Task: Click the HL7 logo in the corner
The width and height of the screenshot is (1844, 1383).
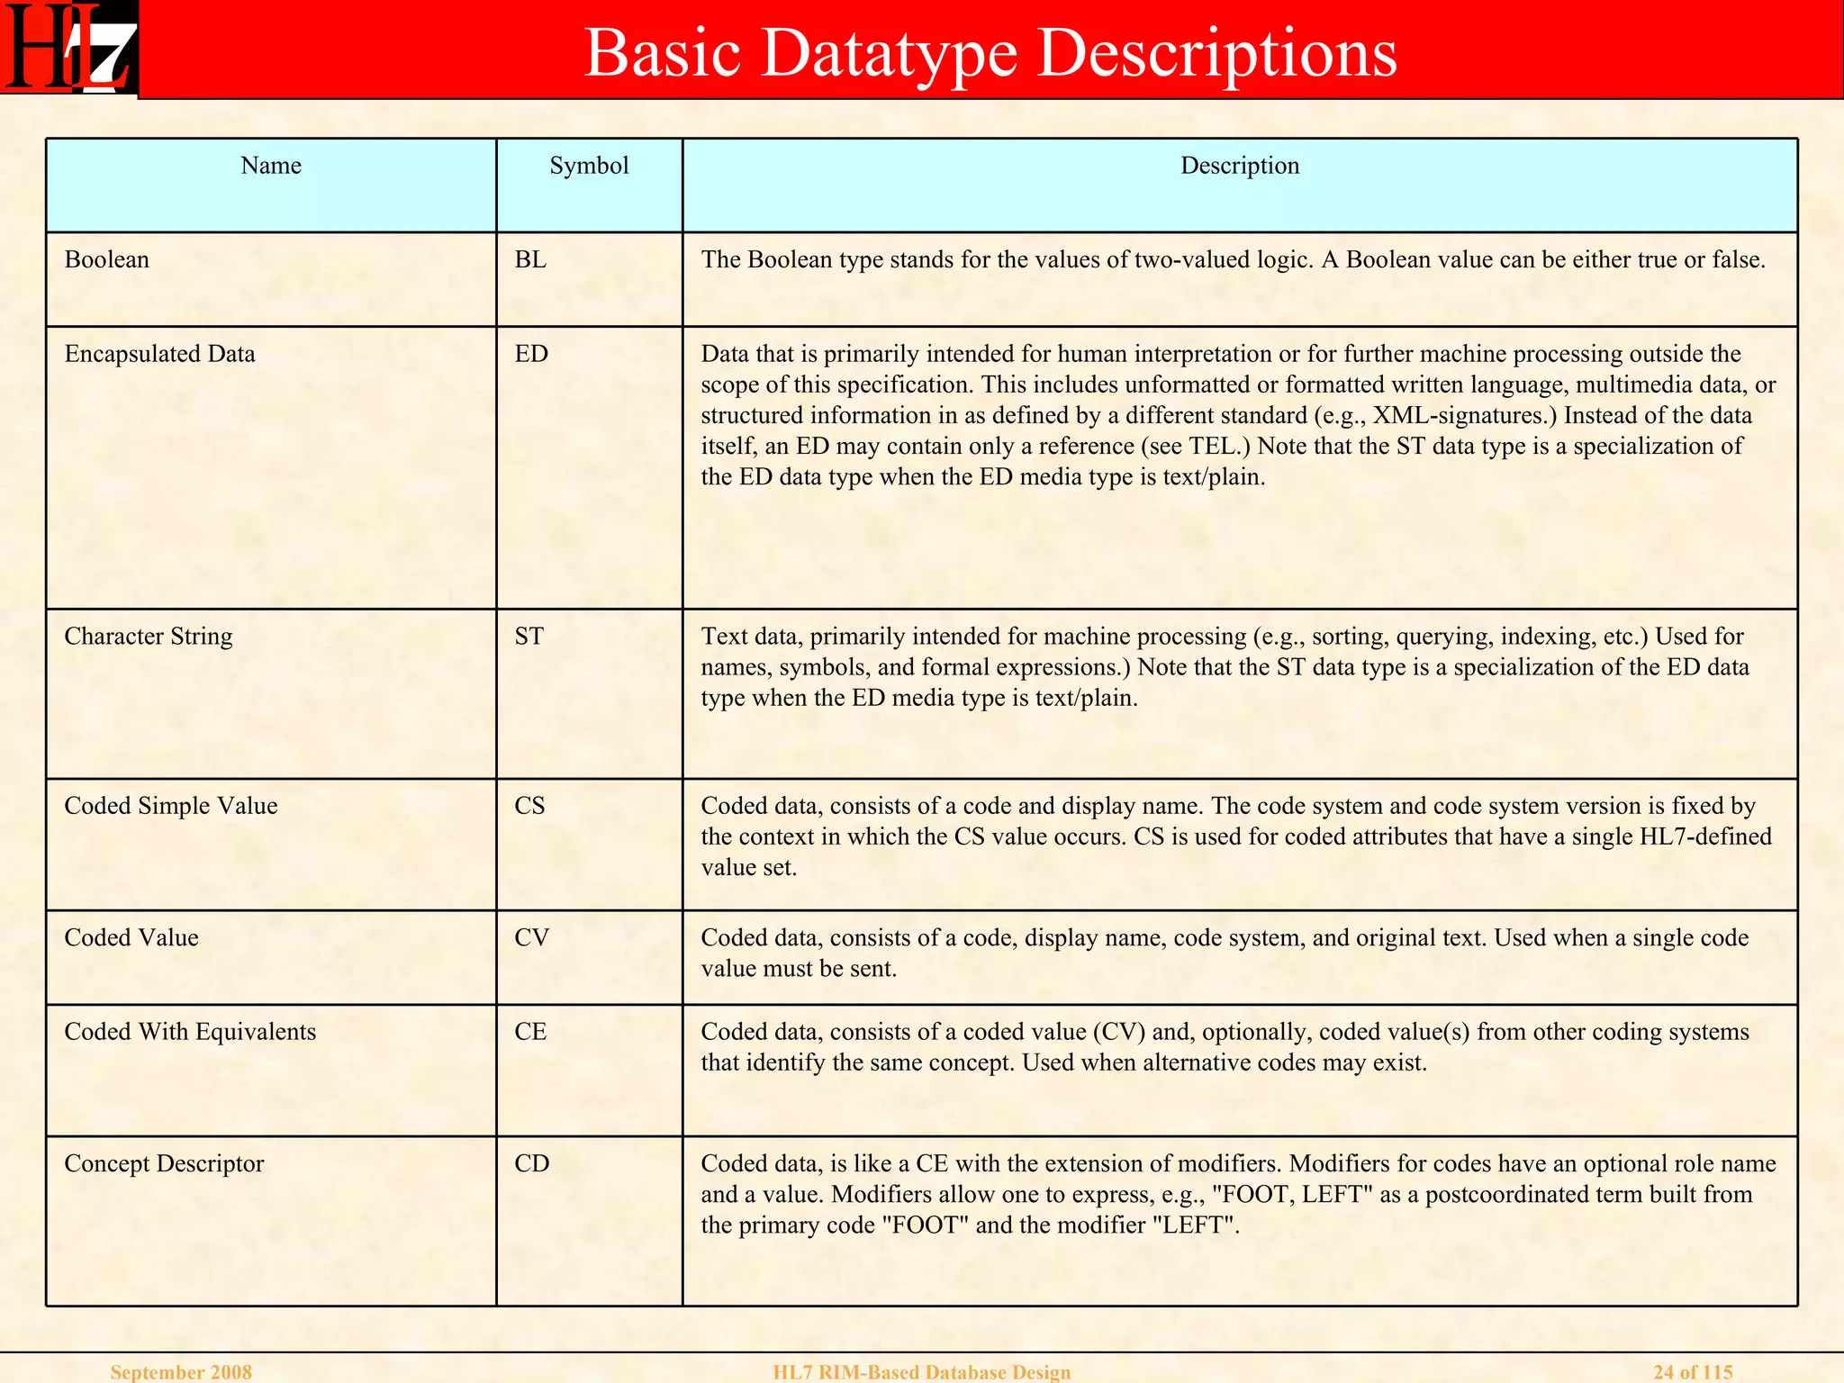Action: (68, 49)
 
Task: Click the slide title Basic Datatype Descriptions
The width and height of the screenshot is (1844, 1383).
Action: (990, 52)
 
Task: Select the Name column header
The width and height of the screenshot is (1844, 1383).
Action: (271, 166)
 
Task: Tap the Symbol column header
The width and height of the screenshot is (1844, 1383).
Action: (589, 166)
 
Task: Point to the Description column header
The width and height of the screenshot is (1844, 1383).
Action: (1240, 166)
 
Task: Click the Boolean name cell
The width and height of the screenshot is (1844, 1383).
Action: (107, 260)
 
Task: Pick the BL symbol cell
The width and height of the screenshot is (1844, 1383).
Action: (530, 260)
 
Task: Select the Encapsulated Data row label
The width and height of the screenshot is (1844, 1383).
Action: (160, 354)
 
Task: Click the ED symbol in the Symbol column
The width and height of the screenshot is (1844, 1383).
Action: (531, 354)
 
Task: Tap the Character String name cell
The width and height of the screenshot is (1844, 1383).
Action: (149, 637)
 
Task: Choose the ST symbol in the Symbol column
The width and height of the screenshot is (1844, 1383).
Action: (529, 637)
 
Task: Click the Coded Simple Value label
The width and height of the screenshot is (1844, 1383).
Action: (171, 806)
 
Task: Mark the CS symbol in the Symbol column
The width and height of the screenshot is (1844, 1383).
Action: (529, 806)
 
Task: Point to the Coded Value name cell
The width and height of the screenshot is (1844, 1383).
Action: (131, 938)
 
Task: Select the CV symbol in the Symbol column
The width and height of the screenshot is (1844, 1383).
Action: (531, 938)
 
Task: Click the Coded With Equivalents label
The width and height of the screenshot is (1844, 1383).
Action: (190, 1032)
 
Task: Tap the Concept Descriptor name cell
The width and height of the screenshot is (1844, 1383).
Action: (164, 1164)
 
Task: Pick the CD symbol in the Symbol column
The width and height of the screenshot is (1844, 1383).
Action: (531, 1164)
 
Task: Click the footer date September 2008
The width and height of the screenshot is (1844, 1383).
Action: (181, 1372)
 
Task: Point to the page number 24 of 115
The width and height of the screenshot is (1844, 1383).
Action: (1693, 1372)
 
